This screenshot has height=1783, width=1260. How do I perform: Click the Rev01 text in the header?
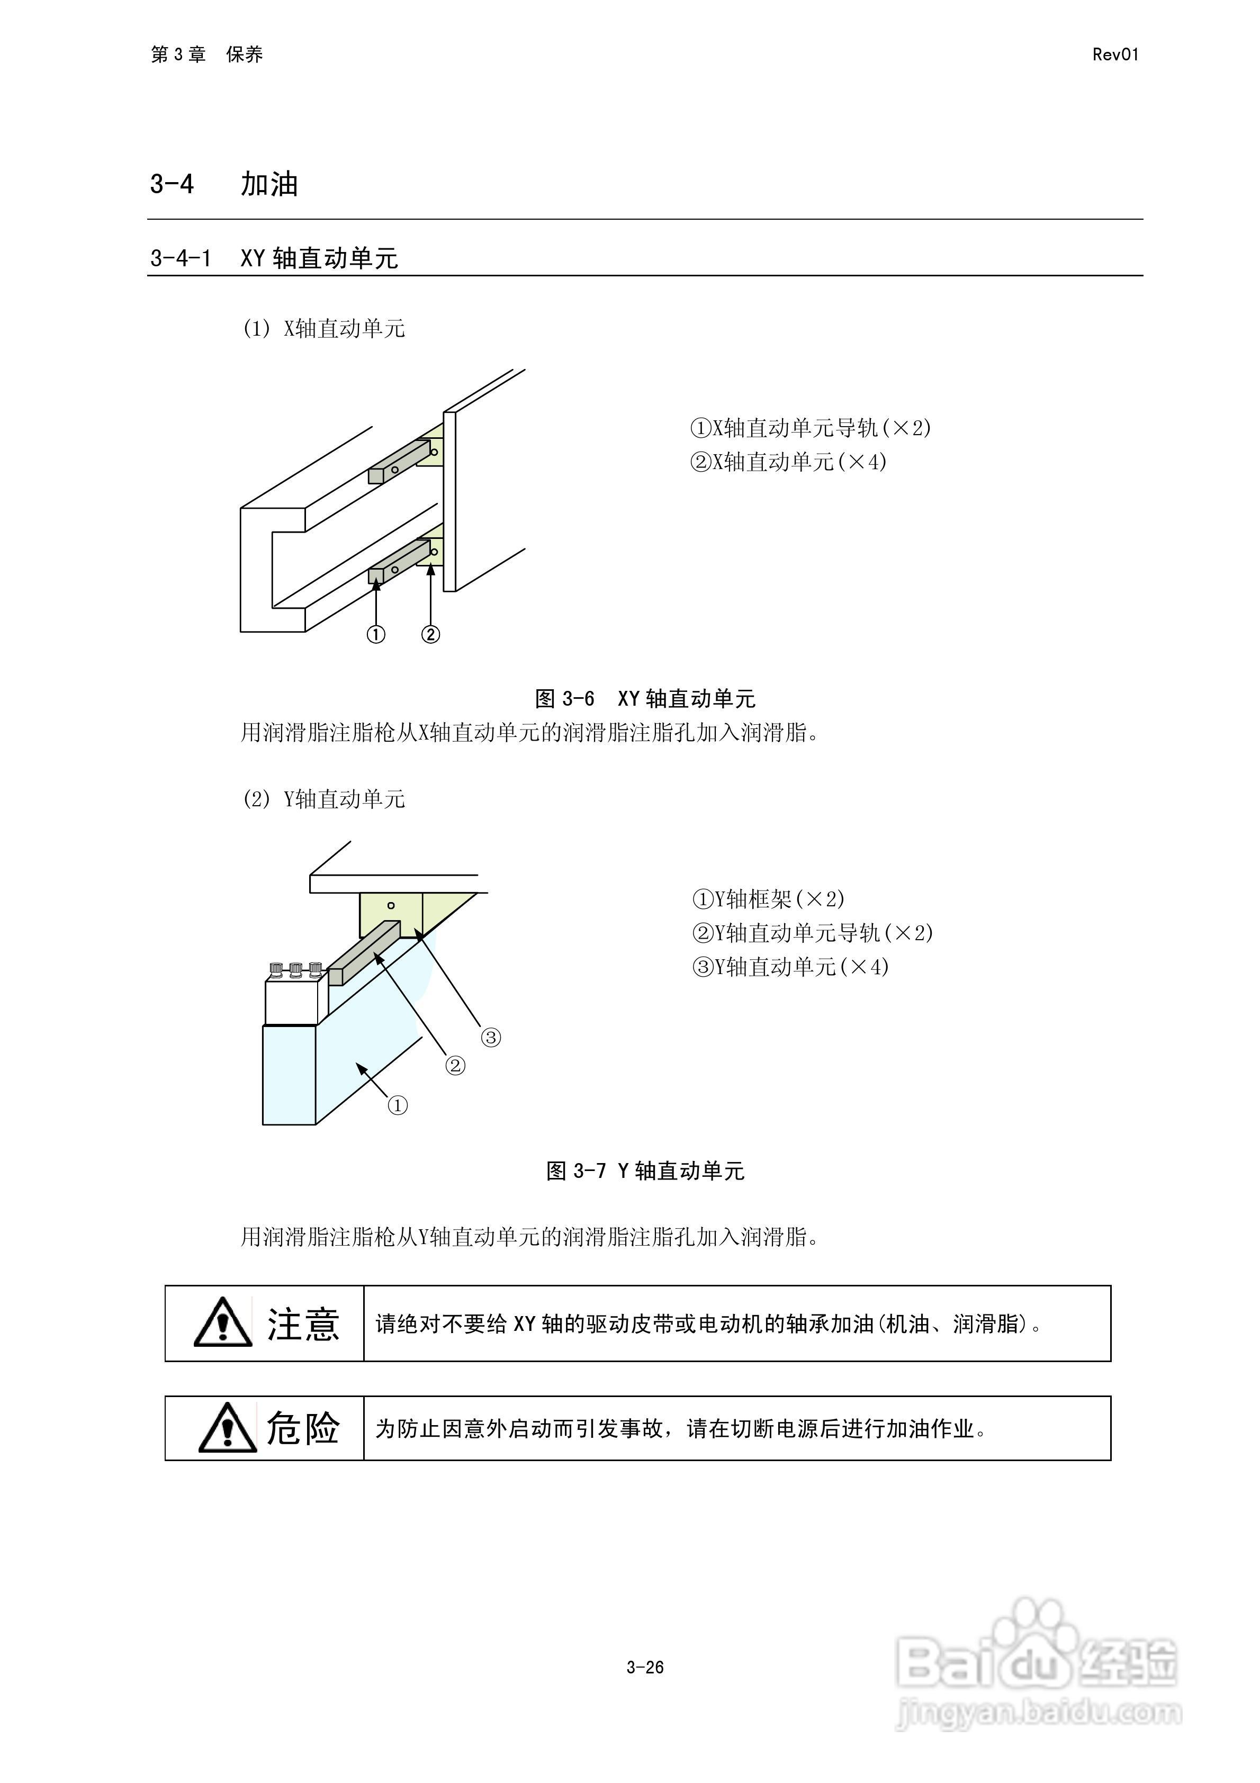(1115, 55)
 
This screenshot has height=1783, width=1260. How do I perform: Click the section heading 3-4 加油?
(224, 184)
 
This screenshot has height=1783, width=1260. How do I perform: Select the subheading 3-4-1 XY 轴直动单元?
(274, 258)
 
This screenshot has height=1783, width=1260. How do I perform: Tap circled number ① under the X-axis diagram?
(376, 634)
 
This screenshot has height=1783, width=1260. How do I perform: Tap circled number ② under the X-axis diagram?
(430, 634)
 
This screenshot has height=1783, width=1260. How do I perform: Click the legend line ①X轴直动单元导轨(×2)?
(810, 428)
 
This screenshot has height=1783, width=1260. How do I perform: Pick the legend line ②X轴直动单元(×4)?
(788, 462)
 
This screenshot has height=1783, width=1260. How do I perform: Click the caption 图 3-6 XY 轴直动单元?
(645, 699)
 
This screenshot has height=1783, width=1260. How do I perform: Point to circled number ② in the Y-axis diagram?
(455, 1066)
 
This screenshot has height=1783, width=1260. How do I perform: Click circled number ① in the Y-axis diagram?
(398, 1105)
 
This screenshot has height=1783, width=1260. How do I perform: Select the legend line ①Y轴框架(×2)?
(768, 899)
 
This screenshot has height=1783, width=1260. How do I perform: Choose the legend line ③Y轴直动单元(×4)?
(790, 967)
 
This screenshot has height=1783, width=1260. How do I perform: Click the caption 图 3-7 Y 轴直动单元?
(645, 1171)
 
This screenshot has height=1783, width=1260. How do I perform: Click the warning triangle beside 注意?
(223, 1322)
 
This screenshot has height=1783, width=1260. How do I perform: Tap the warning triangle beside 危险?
(227, 1428)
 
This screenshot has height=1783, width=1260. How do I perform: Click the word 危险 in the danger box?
(303, 1427)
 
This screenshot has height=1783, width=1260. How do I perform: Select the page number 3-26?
(645, 1667)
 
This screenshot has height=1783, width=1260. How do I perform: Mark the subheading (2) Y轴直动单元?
(324, 799)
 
